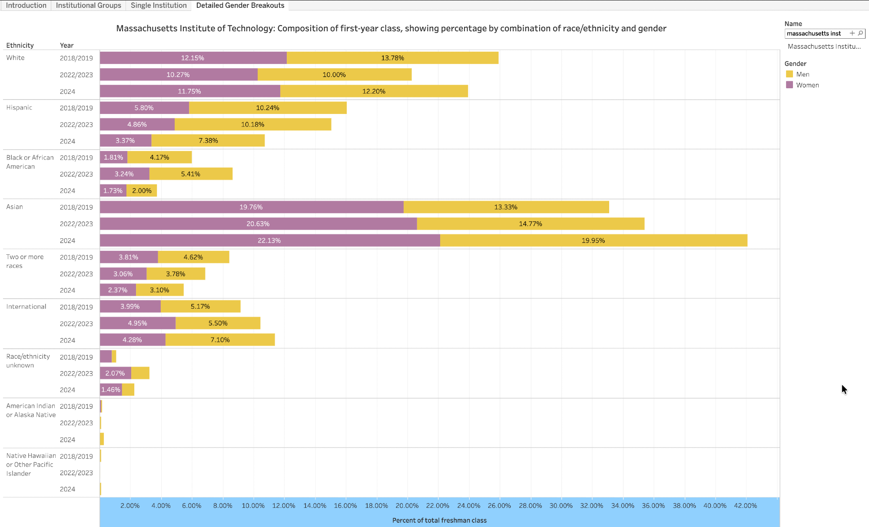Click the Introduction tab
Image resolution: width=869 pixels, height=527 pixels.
pyautogui.click(x=26, y=5)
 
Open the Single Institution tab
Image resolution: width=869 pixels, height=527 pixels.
pyautogui.click(x=159, y=5)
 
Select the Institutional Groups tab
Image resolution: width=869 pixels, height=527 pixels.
pyautogui.click(x=89, y=5)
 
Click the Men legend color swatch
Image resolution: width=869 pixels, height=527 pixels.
pyautogui.click(x=789, y=74)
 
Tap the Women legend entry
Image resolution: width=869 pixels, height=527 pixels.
pyautogui.click(x=807, y=85)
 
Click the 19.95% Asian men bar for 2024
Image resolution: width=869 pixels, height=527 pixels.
pyautogui.click(x=594, y=240)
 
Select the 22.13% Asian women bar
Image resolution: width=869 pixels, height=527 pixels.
pyautogui.click(x=269, y=240)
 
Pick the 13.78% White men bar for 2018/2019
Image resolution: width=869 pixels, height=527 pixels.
pyautogui.click(x=392, y=58)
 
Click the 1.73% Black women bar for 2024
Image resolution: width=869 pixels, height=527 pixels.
pyautogui.click(x=113, y=190)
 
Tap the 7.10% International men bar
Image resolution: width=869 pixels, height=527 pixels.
pyautogui.click(x=220, y=340)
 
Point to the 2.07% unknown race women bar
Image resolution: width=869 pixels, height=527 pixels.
pyautogui.click(x=115, y=373)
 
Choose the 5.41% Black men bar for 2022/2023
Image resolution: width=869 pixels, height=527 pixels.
pyautogui.click(x=191, y=174)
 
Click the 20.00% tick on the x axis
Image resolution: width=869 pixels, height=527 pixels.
pyautogui.click(x=407, y=506)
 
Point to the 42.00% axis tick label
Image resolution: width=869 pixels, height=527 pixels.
pyautogui.click(x=746, y=506)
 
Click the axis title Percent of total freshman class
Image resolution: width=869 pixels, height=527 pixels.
pyautogui.click(x=439, y=520)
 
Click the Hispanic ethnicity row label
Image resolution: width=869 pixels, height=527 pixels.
pyautogui.click(x=19, y=107)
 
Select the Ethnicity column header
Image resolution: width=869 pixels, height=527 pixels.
pyautogui.click(x=20, y=45)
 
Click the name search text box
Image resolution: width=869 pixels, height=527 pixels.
pyautogui.click(x=816, y=33)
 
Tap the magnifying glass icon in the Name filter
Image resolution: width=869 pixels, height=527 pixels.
pyautogui.click(x=861, y=33)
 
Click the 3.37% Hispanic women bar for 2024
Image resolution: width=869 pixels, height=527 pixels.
pyautogui.click(x=126, y=140)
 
